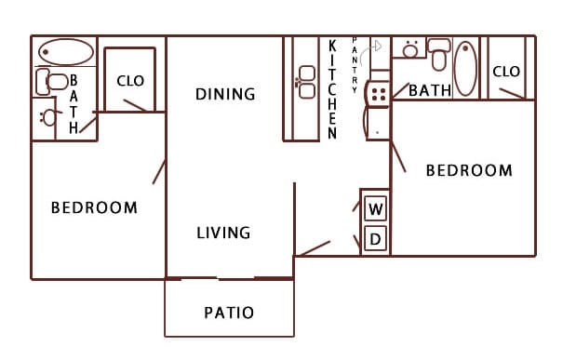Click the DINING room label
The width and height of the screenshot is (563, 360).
(x=225, y=94)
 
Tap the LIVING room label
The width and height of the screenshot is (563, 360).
(x=223, y=233)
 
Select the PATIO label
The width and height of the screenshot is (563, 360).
(x=229, y=313)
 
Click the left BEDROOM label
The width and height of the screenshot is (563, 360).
(x=94, y=207)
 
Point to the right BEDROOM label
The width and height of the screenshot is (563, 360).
(x=469, y=170)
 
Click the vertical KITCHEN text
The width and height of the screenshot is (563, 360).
(x=332, y=89)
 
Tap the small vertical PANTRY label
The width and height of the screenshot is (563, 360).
(x=355, y=65)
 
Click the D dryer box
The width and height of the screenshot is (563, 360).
(x=376, y=239)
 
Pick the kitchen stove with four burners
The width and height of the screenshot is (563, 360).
(x=378, y=91)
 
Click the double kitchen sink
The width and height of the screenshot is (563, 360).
(x=305, y=82)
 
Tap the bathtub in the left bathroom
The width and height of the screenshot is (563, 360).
(x=64, y=52)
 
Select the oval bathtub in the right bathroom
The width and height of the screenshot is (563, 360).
(x=465, y=67)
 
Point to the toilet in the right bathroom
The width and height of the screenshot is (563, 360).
(x=439, y=54)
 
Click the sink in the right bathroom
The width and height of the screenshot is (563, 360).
(x=409, y=49)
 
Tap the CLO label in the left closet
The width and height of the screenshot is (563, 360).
(x=130, y=81)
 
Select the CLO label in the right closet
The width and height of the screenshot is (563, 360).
(x=505, y=72)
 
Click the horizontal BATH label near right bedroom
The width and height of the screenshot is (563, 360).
(x=430, y=90)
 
